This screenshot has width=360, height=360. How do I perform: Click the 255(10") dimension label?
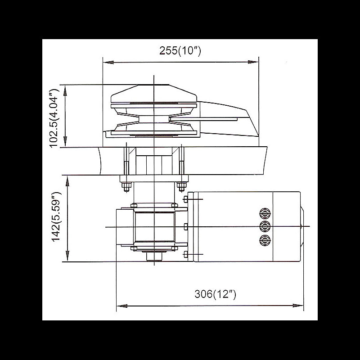(180, 51)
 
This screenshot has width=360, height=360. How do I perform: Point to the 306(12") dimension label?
(215, 294)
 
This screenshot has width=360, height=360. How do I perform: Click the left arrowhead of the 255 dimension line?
(106, 62)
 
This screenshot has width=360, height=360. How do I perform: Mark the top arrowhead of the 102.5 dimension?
(66, 87)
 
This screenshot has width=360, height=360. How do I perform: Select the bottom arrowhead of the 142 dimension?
(67, 258)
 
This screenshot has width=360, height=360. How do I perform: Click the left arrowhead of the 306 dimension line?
(120, 306)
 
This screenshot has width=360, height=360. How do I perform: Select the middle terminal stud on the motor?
(265, 226)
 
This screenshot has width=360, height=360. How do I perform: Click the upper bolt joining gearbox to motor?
(185, 198)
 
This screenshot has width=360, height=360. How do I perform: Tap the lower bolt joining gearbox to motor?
(185, 255)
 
